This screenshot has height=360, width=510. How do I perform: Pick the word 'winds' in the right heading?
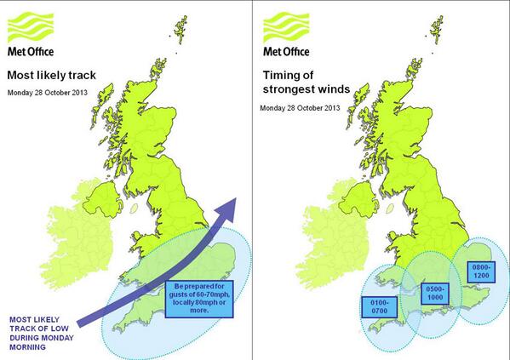[x=334, y=89]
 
